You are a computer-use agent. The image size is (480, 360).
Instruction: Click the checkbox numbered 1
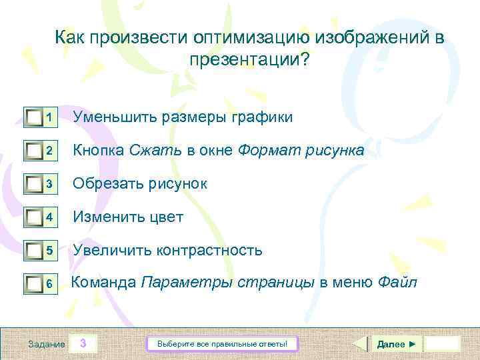tap(33, 118)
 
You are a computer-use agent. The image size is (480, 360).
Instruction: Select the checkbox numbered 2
tap(33, 151)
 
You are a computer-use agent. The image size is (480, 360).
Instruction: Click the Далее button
tap(396, 344)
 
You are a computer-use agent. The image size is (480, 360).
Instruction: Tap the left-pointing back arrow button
tap(359, 344)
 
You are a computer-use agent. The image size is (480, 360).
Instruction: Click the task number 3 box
tap(83, 344)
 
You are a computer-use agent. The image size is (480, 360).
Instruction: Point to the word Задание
tap(47, 344)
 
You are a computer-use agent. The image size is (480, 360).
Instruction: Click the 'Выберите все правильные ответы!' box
tap(222, 344)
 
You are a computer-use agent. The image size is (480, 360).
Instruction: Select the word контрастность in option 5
tap(209, 251)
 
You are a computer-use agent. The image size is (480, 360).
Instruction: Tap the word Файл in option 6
tap(397, 283)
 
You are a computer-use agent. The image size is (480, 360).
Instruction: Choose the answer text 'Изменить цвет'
tap(128, 217)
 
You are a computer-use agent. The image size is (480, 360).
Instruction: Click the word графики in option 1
tap(261, 117)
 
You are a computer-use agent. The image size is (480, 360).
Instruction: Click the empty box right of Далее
tap(442, 344)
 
